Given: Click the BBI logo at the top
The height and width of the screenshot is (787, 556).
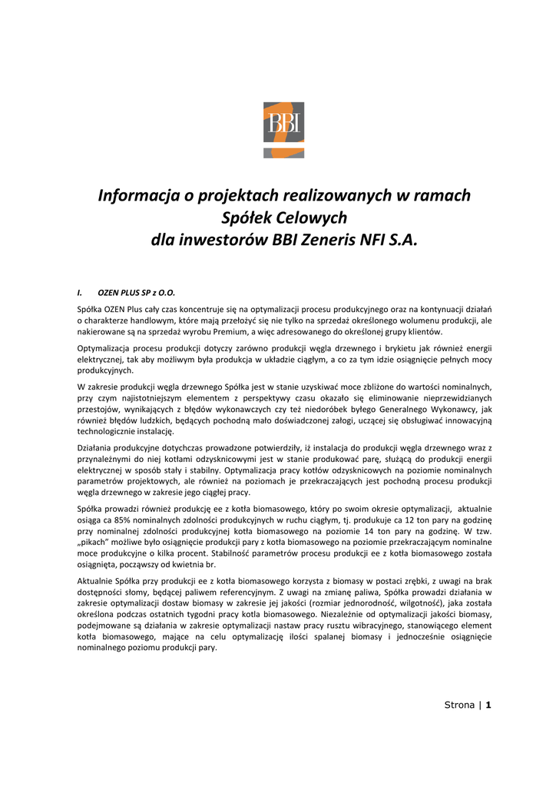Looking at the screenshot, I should click(283, 129).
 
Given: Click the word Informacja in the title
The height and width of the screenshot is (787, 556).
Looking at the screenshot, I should click(137, 195).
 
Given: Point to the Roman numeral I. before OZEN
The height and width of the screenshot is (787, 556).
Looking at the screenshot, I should click(81, 293).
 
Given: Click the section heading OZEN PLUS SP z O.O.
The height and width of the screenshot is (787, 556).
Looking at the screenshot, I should click(137, 293).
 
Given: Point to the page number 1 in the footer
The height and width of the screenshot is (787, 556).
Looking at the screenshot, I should click(488, 705).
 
